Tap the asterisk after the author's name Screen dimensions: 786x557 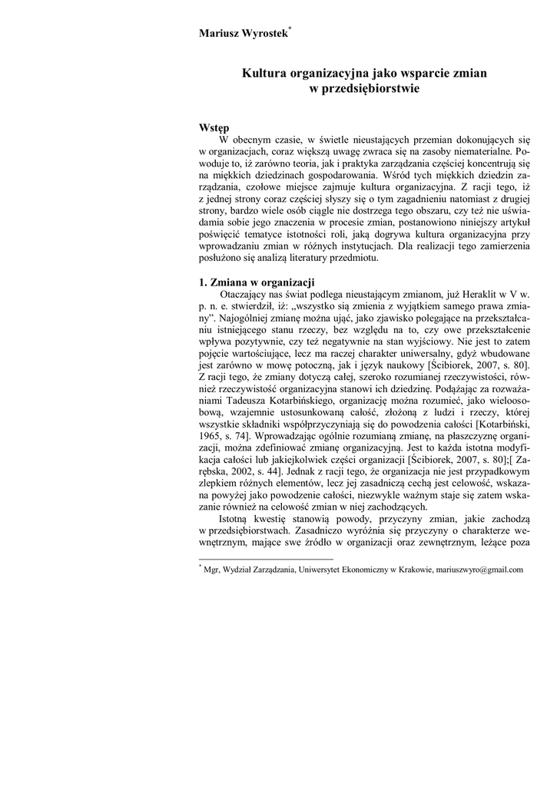point(289,28)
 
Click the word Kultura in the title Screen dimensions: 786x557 point(263,74)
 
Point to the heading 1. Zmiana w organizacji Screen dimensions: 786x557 point(257,282)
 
